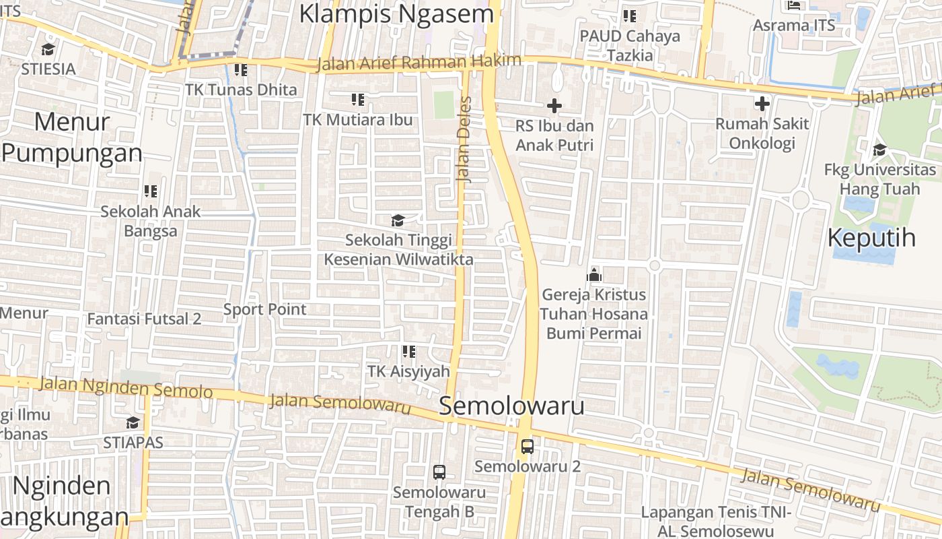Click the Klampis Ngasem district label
coord(396,13)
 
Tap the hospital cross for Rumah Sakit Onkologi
coord(762,104)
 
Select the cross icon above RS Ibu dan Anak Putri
coord(554,106)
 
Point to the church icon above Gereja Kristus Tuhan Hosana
coord(593,274)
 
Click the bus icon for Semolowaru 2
coord(528,446)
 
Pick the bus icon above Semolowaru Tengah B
coord(439,472)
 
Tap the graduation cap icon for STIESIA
coord(48,49)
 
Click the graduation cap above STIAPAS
coord(133,422)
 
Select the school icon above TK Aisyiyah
coord(408,352)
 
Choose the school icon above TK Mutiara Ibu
coord(358,100)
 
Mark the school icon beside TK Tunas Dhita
coord(241,70)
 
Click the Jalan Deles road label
coord(464,139)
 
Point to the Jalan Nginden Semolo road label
coord(126,387)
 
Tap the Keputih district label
coord(871,238)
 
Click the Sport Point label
coord(264,310)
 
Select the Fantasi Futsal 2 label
coord(144,319)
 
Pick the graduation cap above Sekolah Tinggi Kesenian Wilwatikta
coord(398,220)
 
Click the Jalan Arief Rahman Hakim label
coord(419,63)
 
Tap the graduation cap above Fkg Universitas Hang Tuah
coord(879,150)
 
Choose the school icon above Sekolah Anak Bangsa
coord(151,191)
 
